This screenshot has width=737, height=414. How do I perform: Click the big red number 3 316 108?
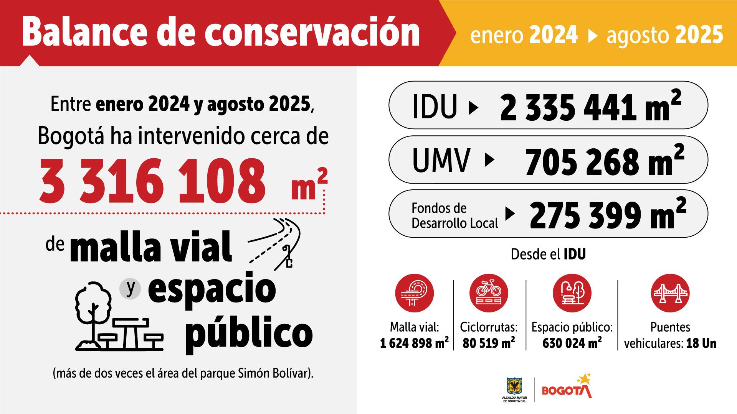tap(153, 181)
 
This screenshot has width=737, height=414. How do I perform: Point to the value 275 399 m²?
tap(607, 215)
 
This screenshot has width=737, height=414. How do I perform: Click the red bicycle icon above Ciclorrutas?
tap(488, 293)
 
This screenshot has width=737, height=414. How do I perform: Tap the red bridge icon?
tap(670, 293)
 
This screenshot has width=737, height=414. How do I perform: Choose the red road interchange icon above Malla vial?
tap(414, 293)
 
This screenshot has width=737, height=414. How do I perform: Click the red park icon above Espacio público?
tap(572, 293)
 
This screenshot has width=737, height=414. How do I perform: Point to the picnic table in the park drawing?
tap(131, 333)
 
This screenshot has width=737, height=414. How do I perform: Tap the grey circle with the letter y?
tap(131, 288)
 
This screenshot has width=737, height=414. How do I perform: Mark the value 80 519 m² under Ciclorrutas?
tap(488, 343)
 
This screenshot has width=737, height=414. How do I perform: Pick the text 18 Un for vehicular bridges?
tap(701, 343)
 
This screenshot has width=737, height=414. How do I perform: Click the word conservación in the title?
tap(312, 32)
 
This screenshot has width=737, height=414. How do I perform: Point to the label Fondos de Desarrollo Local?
tap(454, 215)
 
